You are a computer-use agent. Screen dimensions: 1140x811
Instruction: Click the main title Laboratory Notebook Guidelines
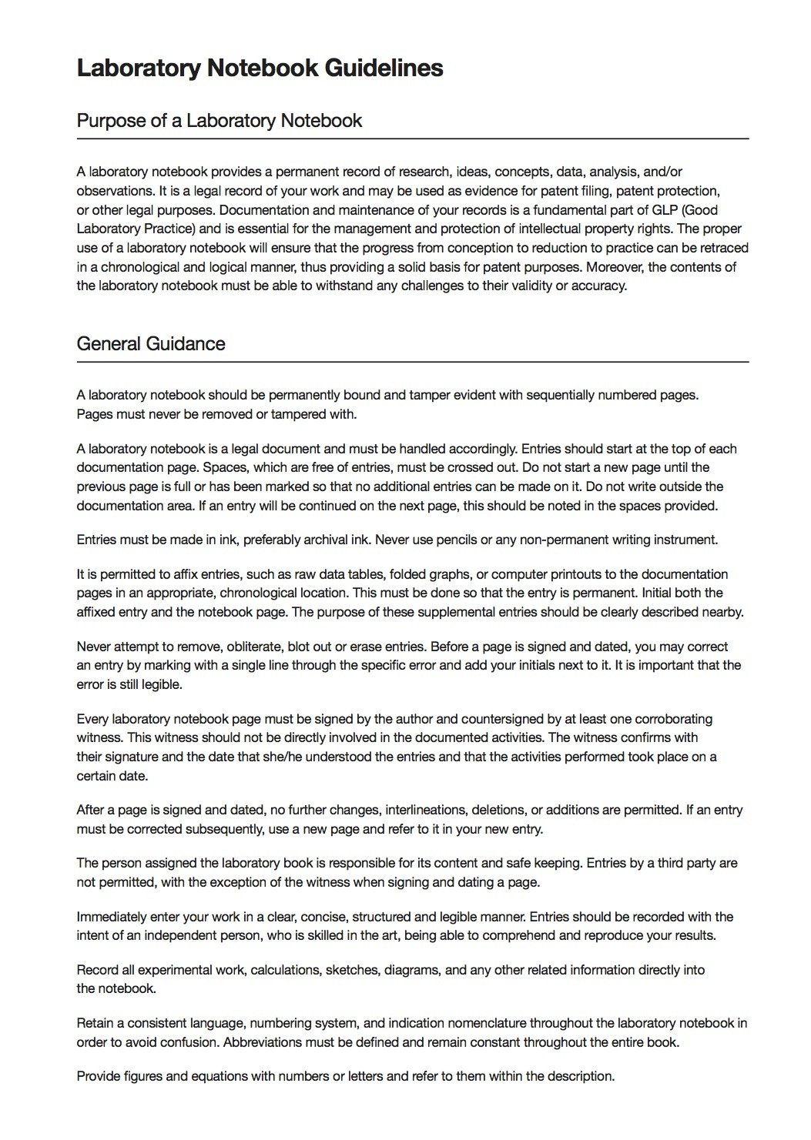point(260,69)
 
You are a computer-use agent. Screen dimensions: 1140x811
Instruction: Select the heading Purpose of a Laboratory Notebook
point(219,121)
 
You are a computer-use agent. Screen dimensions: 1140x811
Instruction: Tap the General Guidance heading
point(150,343)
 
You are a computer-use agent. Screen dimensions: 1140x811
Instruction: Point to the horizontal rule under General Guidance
point(412,362)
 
